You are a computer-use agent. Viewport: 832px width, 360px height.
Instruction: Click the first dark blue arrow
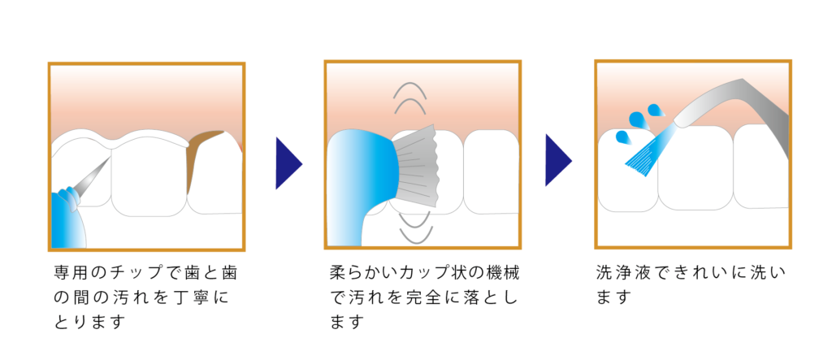tap(287, 163)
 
